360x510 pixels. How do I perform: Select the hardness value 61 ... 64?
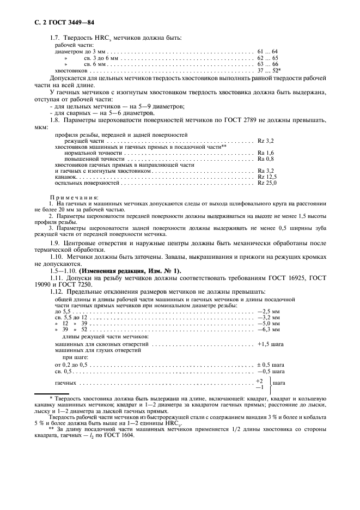pos(267,51)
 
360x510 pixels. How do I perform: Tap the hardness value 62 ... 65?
pos(267,57)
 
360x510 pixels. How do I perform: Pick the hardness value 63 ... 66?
pos(267,64)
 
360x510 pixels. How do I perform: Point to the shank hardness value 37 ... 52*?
pos(269,70)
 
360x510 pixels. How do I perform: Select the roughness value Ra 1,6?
pos(266,153)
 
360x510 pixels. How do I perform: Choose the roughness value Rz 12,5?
pos(267,177)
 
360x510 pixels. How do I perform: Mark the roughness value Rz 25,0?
pos(267,184)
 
